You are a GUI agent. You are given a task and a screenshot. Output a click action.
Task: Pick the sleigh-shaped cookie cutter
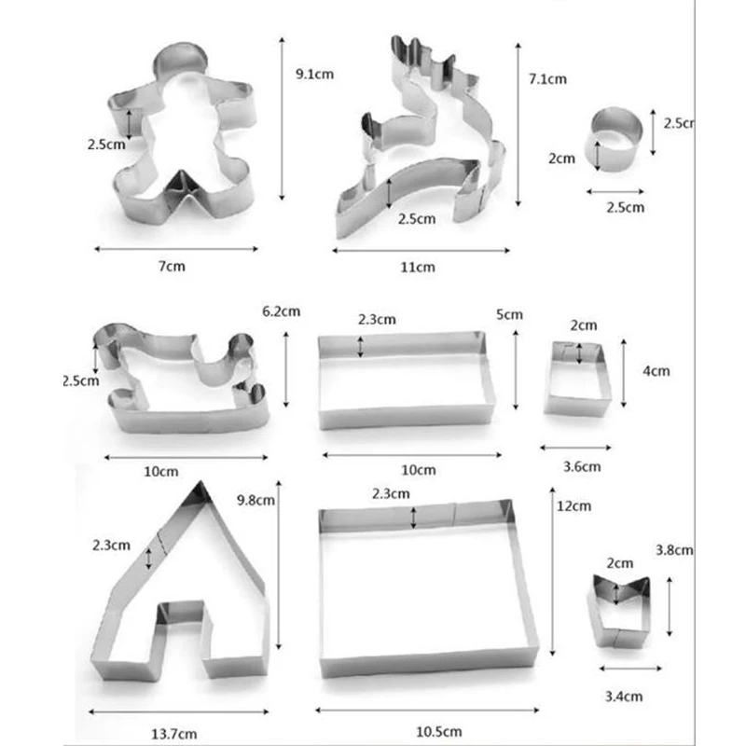point(182,382)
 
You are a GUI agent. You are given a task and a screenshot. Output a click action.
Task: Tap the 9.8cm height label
point(255,500)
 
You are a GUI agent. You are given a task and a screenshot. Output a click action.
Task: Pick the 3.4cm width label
point(623,695)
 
